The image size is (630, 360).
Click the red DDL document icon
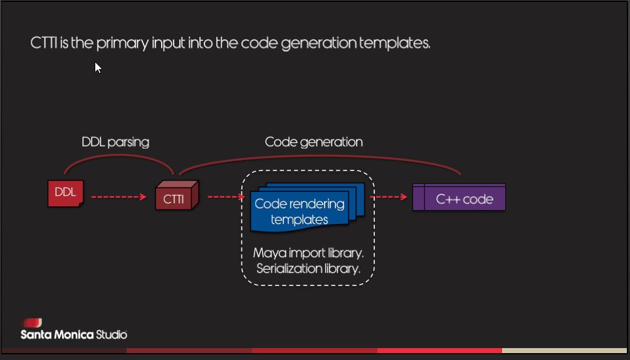coord(65,193)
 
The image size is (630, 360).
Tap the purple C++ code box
coord(459,198)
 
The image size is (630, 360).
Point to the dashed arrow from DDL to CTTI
coord(118,197)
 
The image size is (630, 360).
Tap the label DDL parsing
coord(115,142)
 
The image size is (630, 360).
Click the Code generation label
coord(313,142)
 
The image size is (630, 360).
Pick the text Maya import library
coord(308,253)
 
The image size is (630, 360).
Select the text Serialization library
coord(308,268)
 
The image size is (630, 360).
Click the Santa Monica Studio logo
coord(73,330)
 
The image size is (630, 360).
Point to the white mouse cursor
coord(98,66)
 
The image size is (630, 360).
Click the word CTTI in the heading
coord(44,43)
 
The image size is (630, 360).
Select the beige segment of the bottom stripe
coord(564,351)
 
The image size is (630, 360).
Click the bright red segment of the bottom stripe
coord(439,351)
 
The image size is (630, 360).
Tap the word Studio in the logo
coord(112,334)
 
